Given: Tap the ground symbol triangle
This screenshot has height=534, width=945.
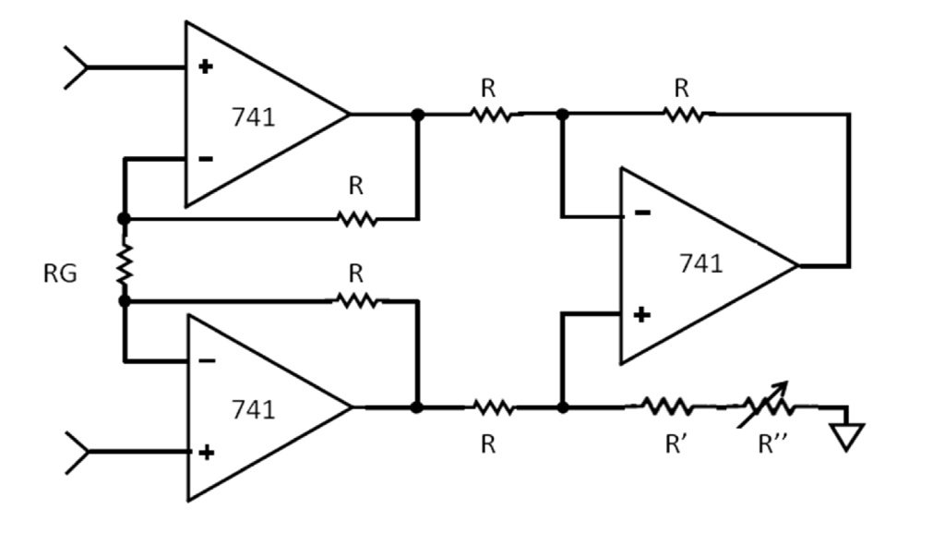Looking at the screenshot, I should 847,435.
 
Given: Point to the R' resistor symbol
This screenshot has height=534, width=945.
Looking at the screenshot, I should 667,407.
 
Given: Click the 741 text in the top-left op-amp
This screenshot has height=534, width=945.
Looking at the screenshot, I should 253,117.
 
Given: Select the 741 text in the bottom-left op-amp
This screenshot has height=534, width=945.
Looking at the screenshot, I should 253,408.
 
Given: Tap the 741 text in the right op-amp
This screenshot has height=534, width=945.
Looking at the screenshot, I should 700,263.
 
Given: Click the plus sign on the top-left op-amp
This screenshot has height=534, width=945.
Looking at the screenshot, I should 206,67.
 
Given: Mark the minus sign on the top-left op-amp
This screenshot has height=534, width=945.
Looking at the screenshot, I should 206,159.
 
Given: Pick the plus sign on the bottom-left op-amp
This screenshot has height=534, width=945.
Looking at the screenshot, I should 207,452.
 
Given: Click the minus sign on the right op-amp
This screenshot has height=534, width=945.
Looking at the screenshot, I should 642,213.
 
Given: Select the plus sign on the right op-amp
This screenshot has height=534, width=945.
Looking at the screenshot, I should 642,315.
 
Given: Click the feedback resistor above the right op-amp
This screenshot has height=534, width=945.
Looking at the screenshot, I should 682,115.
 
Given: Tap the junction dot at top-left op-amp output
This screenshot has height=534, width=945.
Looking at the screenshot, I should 418,115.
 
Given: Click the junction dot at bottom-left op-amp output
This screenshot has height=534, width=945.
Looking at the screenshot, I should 417,407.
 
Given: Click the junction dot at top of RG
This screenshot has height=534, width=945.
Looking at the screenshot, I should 124,219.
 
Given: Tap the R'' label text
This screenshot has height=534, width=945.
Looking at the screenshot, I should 772,444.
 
